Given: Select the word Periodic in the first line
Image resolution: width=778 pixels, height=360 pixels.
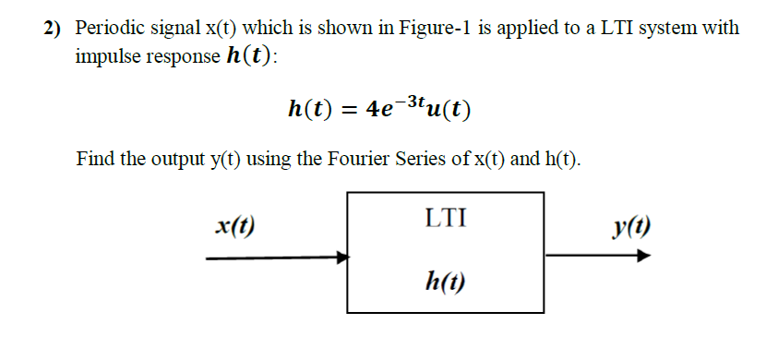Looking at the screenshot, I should click(x=109, y=28).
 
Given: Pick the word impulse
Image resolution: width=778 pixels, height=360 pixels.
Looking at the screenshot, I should click(x=106, y=55).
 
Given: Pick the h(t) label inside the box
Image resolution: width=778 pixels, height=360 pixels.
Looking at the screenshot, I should click(x=445, y=278).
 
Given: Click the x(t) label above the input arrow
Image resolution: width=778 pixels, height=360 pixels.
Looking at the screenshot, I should click(x=234, y=226).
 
